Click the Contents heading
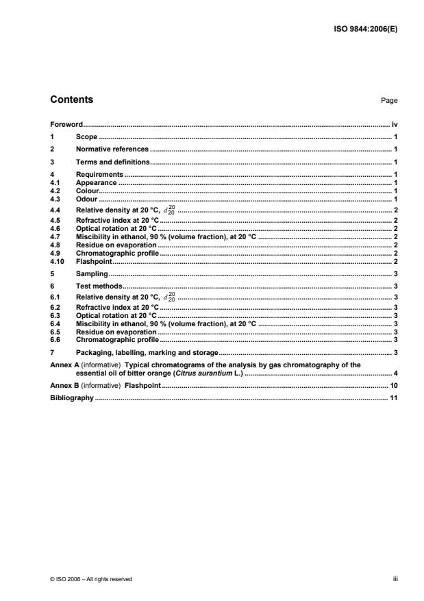point(72,100)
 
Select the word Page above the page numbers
point(389,101)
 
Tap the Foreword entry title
point(66,125)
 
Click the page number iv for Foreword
point(395,125)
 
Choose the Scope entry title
point(87,137)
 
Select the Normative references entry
point(112,149)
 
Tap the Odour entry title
point(88,198)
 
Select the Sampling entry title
point(92,273)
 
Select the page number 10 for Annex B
point(394,386)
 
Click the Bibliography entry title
point(72,397)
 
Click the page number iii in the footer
point(395,578)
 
